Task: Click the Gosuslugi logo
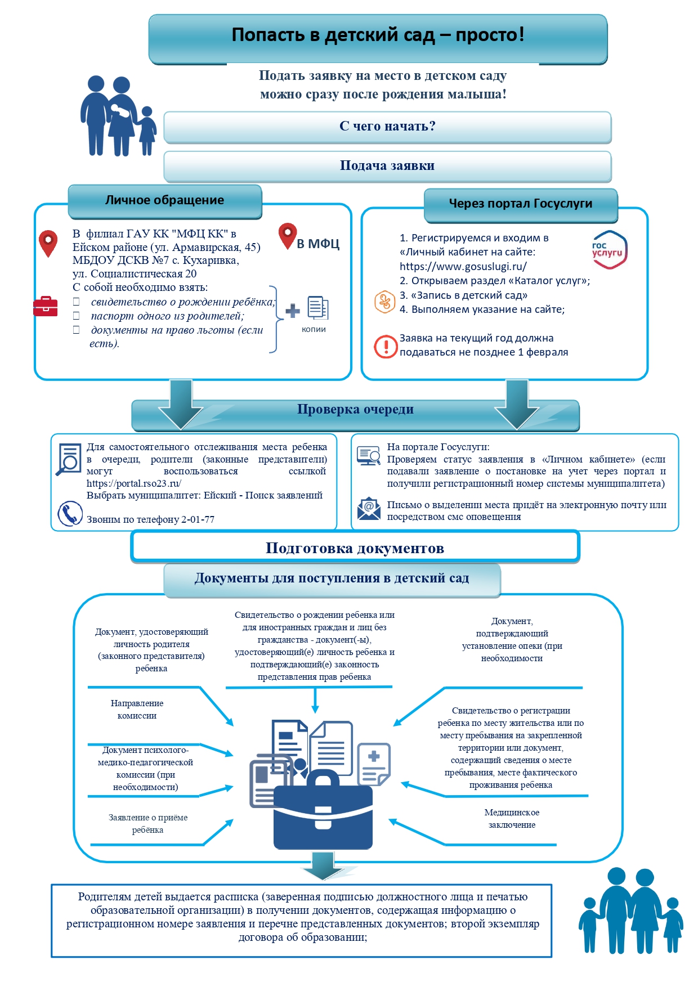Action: [609, 249]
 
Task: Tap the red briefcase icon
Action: [45, 306]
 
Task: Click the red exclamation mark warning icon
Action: [386, 346]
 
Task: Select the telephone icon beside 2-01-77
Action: [70, 513]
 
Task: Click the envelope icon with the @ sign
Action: [369, 509]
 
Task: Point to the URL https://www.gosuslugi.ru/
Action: [463, 267]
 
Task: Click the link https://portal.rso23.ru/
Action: [134, 483]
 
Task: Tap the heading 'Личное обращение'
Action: [164, 200]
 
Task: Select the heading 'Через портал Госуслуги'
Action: [521, 204]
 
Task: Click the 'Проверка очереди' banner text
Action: [355, 410]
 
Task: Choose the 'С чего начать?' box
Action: [387, 127]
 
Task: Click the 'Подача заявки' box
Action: [387, 166]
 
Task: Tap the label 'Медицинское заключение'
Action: [512, 819]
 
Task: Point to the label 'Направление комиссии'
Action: [137, 710]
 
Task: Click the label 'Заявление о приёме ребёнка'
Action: [148, 824]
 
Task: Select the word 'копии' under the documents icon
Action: [314, 329]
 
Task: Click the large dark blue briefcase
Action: [323, 810]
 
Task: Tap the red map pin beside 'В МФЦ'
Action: [288, 236]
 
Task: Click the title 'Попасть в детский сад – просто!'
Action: [378, 35]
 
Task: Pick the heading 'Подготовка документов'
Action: [355, 548]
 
